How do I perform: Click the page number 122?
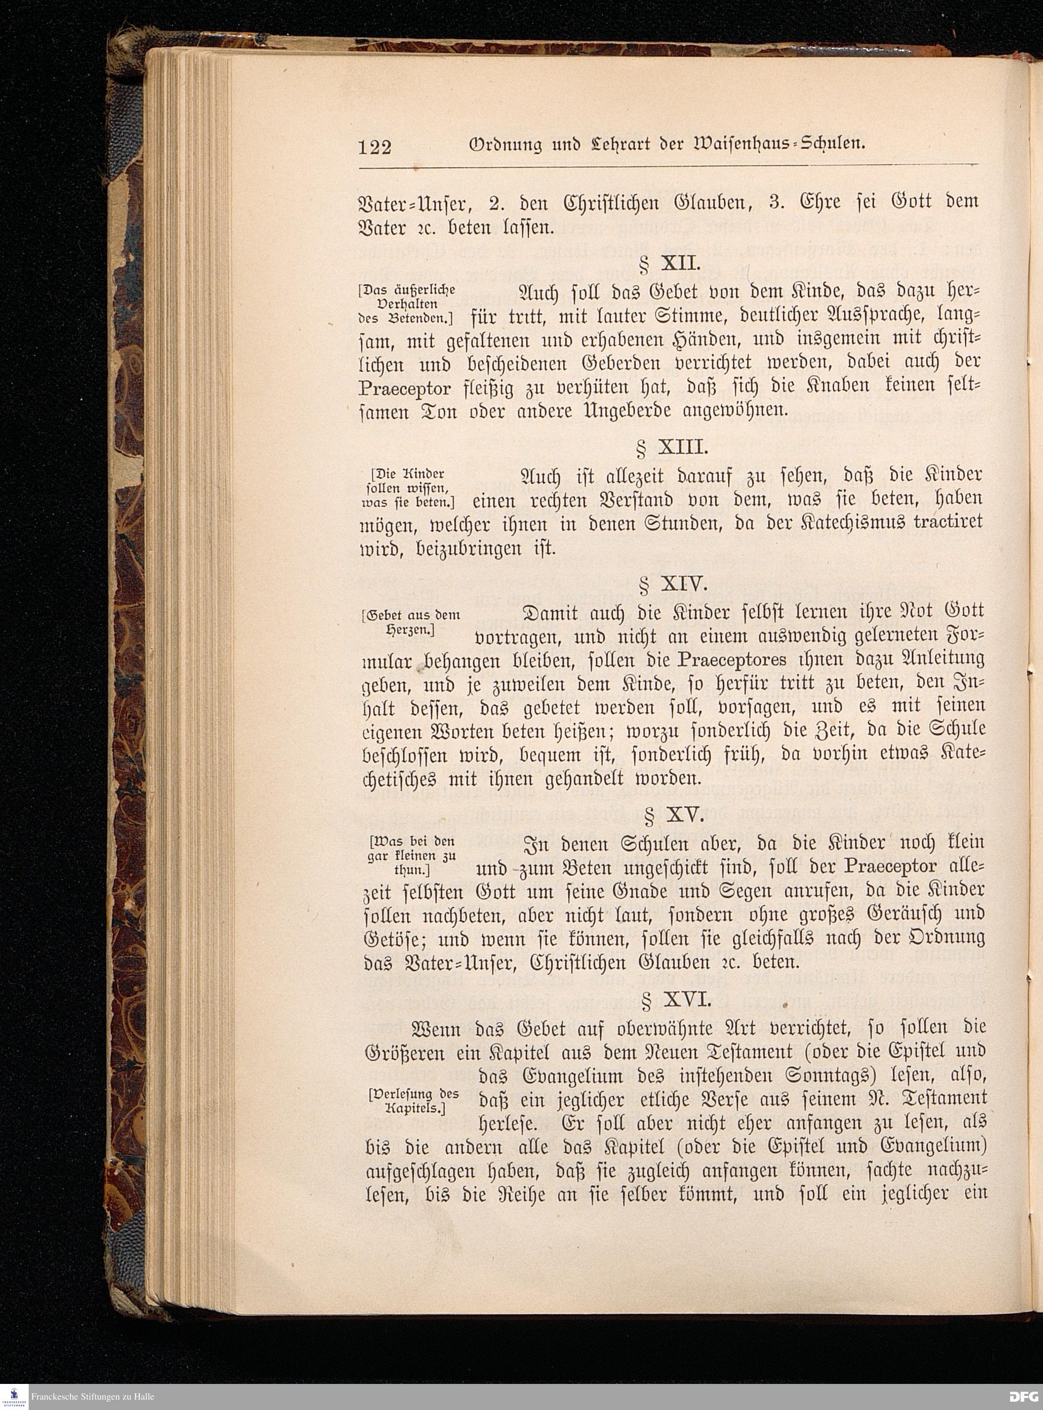coord(374,147)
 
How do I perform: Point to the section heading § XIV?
coord(671,585)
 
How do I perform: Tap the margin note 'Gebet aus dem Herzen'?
coord(411,622)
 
